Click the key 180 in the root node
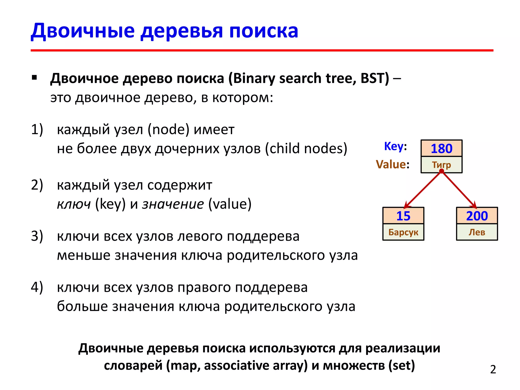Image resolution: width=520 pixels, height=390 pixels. pyautogui.click(x=442, y=149)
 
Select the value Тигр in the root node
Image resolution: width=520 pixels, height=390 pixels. pyautogui.click(x=442, y=165)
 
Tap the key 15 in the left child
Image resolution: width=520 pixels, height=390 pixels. pyautogui.click(x=403, y=216)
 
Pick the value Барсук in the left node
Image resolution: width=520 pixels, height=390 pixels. pyautogui.click(x=403, y=232)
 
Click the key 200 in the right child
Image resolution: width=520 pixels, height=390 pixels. pyautogui.click(x=477, y=216)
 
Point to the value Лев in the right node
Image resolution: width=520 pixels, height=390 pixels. pyautogui.click(x=477, y=232)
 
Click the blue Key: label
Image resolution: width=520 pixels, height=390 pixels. pyautogui.click(x=395, y=147)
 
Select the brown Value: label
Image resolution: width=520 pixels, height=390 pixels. pyautogui.click(x=393, y=164)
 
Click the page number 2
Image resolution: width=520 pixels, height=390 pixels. pyautogui.click(x=493, y=369)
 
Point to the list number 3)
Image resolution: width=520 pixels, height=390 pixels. pyautogui.click(x=37, y=236)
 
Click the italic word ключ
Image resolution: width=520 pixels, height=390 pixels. pyautogui.click(x=74, y=204)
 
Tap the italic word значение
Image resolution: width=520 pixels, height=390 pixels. pyautogui.click(x=173, y=204)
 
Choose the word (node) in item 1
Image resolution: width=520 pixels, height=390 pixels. pyautogui.click(x=169, y=129)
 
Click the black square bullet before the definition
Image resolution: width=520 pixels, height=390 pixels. pyautogui.click(x=34, y=77)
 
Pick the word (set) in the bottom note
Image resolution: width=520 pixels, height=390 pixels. pyautogui.click(x=401, y=366)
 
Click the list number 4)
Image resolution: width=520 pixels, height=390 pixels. pyautogui.click(x=37, y=287)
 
